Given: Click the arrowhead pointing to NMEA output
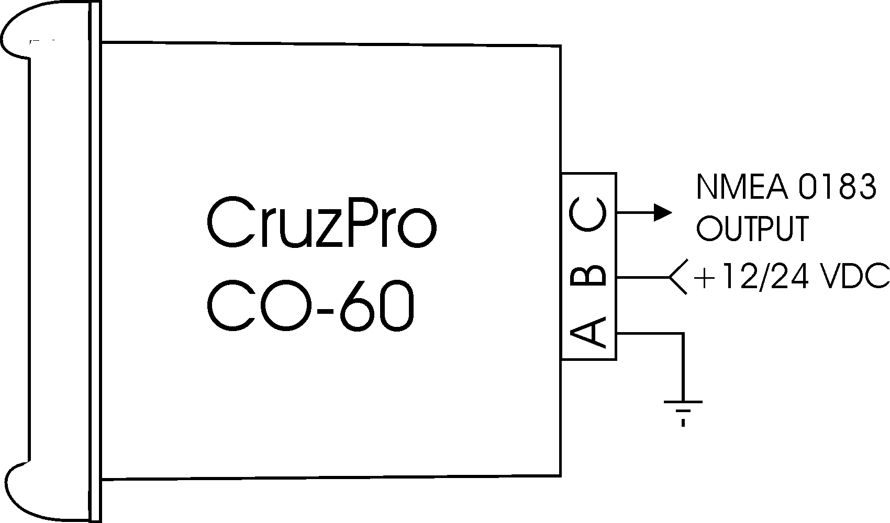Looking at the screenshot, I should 662,213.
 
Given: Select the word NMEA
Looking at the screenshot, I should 741,187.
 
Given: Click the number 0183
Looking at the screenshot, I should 839,187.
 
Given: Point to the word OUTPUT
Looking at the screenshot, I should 752,229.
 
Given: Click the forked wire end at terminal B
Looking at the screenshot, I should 678,276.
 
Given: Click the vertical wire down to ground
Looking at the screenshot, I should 683,366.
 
